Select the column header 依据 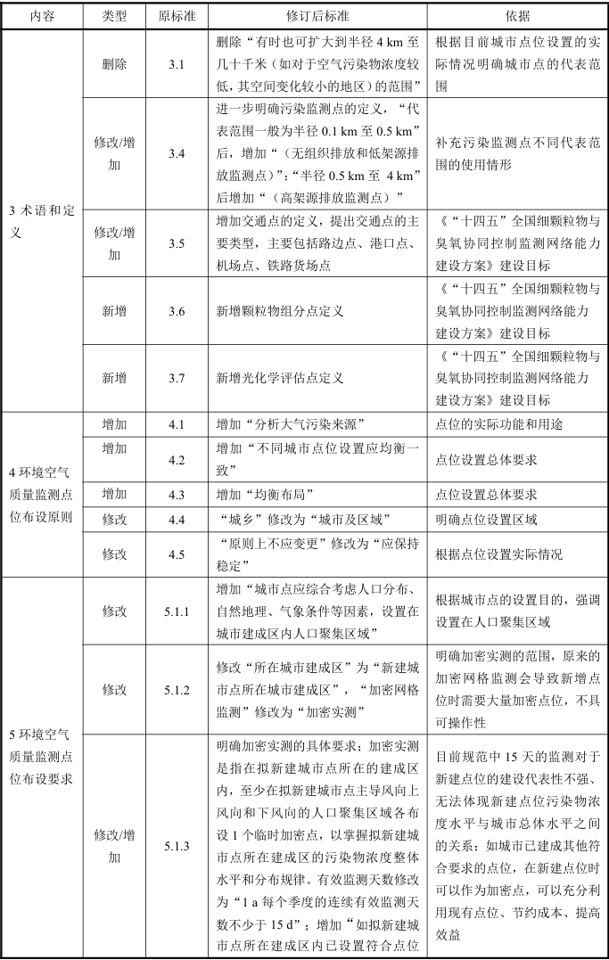click(517, 17)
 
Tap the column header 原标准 click(177, 17)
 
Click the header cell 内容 click(42, 17)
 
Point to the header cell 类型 click(114, 17)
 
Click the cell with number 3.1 click(177, 65)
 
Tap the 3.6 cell click(177, 310)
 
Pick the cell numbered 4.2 click(177, 460)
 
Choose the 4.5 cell click(177, 554)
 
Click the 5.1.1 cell click(177, 611)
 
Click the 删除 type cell click(114, 65)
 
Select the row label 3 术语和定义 click(42, 221)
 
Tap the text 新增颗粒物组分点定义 click(280, 311)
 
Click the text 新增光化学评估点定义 click(280, 378)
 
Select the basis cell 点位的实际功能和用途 click(498, 424)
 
